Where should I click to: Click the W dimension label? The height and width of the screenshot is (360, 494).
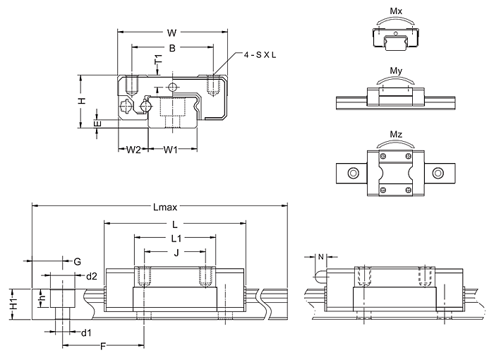click(x=171, y=32)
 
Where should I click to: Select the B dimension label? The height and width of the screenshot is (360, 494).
click(x=172, y=48)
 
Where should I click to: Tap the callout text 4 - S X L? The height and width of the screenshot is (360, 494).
click(x=260, y=55)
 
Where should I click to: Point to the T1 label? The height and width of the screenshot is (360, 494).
click(x=159, y=59)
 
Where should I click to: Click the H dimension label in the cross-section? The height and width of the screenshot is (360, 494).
click(x=82, y=101)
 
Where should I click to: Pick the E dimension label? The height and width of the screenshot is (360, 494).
click(x=97, y=124)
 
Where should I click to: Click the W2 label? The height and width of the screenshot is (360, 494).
click(x=133, y=150)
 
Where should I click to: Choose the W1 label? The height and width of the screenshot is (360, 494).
click(x=171, y=150)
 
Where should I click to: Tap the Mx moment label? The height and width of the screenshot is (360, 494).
click(x=396, y=11)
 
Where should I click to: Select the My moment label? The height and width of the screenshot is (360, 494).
click(x=396, y=71)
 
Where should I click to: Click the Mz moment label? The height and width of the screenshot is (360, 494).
click(x=396, y=134)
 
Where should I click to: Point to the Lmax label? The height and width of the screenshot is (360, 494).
click(x=165, y=207)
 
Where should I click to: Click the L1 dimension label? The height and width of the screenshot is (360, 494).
click(x=176, y=239)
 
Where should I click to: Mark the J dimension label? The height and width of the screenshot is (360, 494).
click(x=176, y=253)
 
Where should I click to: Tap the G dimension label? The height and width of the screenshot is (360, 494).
click(x=77, y=262)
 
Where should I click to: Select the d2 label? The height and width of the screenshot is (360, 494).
click(x=92, y=277)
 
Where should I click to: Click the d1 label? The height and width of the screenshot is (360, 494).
click(x=86, y=332)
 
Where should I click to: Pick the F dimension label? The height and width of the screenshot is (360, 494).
click(x=103, y=347)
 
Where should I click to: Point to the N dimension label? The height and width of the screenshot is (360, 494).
click(x=320, y=257)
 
